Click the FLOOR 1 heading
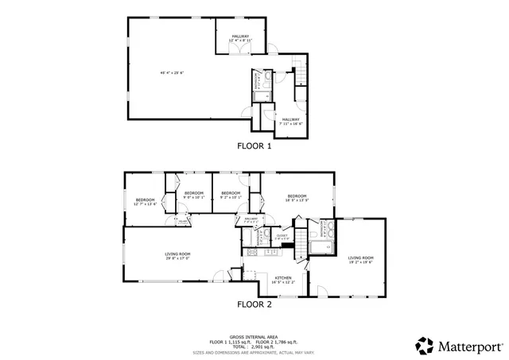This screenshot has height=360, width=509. pyautogui.click(x=254, y=146)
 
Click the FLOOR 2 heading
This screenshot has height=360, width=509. pyautogui.click(x=254, y=304)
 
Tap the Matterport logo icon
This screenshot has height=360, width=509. pyautogui.click(x=425, y=345)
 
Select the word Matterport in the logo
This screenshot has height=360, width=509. pyautogui.click(x=469, y=346)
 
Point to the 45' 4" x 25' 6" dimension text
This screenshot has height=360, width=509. pyautogui.click(x=171, y=73)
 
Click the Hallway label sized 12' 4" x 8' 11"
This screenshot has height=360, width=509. pyautogui.click(x=241, y=37)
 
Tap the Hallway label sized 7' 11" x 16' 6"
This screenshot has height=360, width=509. pyautogui.click(x=290, y=121)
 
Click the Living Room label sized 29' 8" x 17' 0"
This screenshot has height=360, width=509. pyautogui.click(x=177, y=255)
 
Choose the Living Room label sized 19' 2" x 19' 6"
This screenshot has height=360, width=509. pyautogui.click(x=361, y=260)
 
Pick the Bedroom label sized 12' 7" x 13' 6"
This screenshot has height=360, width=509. pyautogui.click(x=145, y=201)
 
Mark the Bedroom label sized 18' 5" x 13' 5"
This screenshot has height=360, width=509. pyautogui.click(x=297, y=198)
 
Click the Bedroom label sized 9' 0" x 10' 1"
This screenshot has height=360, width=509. pyautogui.click(x=195, y=195)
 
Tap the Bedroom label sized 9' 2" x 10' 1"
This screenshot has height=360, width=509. pyautogui.click(x=231, y=195)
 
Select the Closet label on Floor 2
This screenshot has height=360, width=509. pyautogui.click(x=282, y=236)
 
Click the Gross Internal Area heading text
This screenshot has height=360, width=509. pyautogui.click(x=254, y=335)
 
